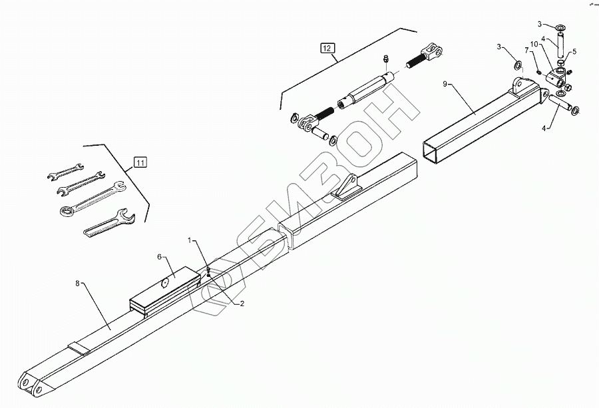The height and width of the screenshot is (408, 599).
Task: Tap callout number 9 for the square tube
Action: pos(445,85)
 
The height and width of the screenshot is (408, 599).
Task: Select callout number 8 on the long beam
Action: pos(78,283)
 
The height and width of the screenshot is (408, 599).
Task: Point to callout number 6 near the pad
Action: pos(160,256)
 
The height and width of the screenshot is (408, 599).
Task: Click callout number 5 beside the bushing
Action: pos(574,52)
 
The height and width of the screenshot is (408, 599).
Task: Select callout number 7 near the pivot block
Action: pos(526,50)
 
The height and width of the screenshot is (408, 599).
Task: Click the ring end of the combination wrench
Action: pos(67,212)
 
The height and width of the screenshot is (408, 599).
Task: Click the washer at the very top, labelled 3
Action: pos(561,26)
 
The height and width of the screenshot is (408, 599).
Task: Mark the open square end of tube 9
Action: pos(437,150)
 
